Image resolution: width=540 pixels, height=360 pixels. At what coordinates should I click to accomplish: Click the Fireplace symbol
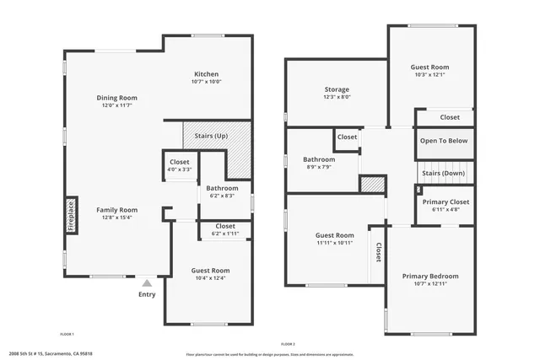click(x=71, y=216)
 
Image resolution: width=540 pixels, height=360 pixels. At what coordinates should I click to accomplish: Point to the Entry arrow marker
click(x=147, y=284)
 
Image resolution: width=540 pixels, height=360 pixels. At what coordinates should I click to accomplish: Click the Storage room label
click(x=337, y=89)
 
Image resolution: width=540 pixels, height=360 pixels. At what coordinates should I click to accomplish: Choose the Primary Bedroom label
click(x=430, y=276)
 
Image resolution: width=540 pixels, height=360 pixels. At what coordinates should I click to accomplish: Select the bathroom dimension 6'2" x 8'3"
click(x=223, y=196)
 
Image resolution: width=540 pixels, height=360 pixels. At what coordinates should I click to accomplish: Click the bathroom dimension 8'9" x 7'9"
click(x=319, y=167)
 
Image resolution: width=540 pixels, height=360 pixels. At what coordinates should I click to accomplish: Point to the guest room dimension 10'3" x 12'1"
click(x=430, y=74)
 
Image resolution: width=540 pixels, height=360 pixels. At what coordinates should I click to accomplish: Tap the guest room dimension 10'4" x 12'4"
click(x=209, y=278)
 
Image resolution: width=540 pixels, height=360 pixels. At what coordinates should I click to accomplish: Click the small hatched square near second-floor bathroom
click(x=372, y=185)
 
